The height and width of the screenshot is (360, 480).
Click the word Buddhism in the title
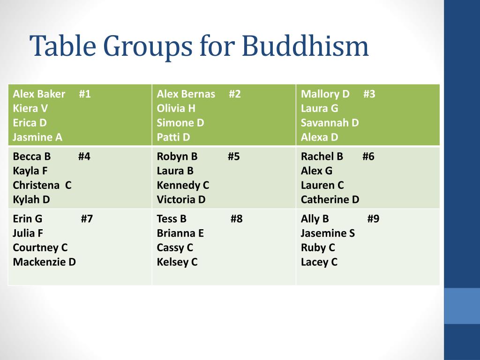click(305, 46)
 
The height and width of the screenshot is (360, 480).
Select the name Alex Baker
click(39, 94)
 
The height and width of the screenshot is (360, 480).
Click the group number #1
click(85, 94)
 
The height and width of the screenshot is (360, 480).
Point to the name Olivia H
click(176, 108)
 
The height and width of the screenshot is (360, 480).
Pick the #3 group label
click(369, 94)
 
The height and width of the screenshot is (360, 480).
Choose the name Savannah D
click(330, 123)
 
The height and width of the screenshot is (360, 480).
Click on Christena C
click(42, 185)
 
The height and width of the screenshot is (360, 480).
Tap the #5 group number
click(233, 157)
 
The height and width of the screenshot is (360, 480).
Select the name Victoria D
click(181, 200)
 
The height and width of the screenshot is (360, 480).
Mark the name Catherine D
click(330, 200)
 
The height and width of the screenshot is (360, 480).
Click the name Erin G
click(28, 219)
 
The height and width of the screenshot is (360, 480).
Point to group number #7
click(87, 219)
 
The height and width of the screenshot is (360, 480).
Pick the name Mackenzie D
click(45, 262)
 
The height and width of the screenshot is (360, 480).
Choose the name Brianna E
click(180, 233)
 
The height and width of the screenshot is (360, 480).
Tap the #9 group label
click(373, 219)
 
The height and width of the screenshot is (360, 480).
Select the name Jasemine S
click(328, 233)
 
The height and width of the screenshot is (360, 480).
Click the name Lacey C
click(319, 262)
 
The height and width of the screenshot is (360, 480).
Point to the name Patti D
click(173, 137)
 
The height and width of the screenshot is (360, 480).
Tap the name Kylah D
click(31, 200)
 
